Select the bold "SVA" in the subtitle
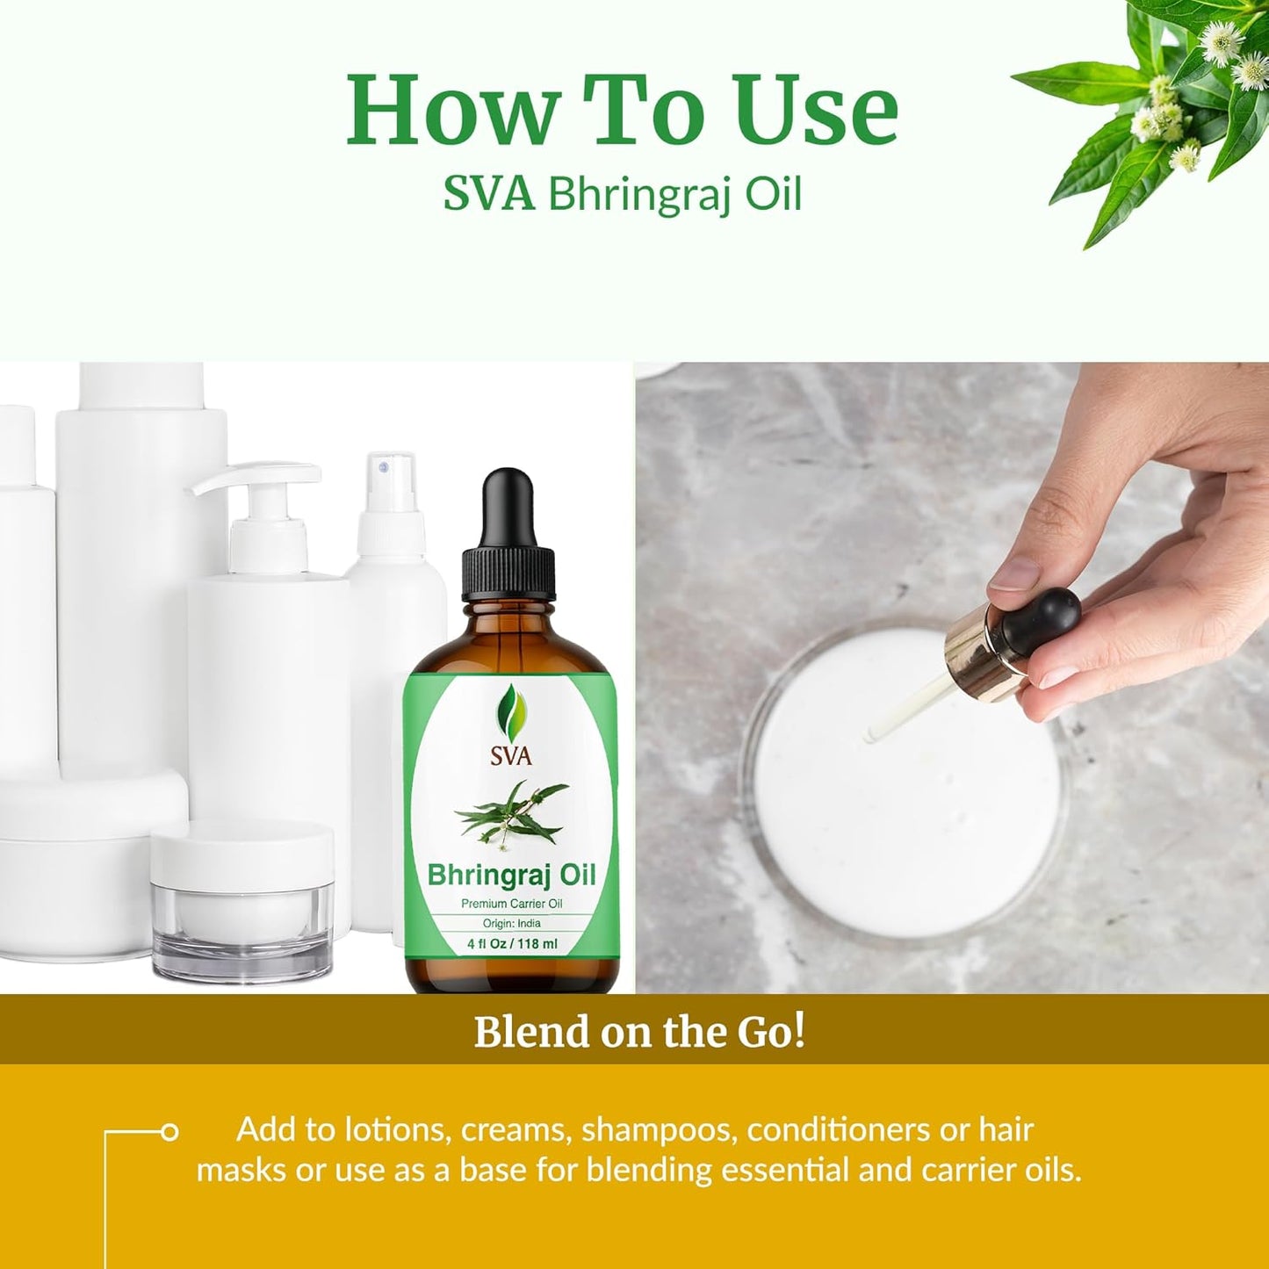488,194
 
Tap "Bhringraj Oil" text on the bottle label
511,875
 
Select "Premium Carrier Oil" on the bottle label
511,904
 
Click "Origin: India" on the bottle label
511,923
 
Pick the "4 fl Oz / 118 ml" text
511,945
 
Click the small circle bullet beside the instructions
169,1132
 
